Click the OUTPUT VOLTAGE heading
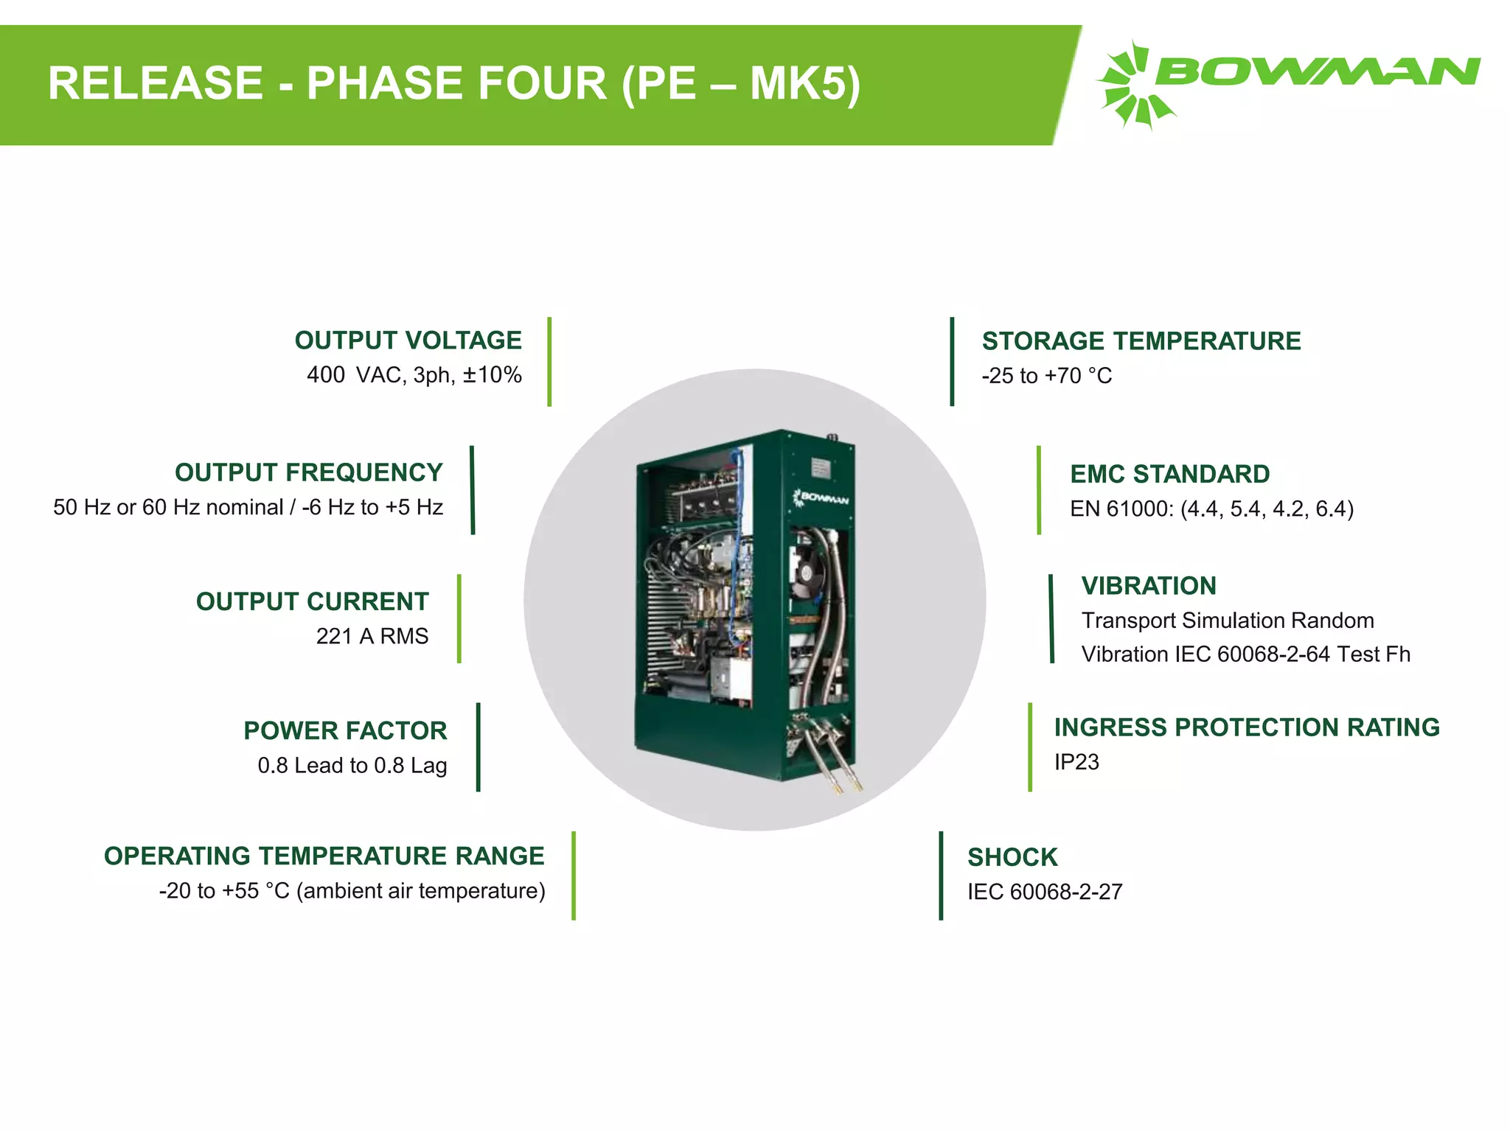408,340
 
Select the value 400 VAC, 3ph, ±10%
414,375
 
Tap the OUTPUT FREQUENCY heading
308,472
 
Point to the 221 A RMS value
372,636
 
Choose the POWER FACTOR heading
345,730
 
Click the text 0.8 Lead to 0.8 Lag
352,766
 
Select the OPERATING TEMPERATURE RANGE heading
324,856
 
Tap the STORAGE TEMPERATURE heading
1141,341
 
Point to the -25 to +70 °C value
1046,376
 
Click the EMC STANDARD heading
1169,474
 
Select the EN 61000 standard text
1211,509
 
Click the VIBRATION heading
1148,586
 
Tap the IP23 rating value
1076,762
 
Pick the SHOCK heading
1012,857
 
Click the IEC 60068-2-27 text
1044,892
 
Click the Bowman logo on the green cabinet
821,498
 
